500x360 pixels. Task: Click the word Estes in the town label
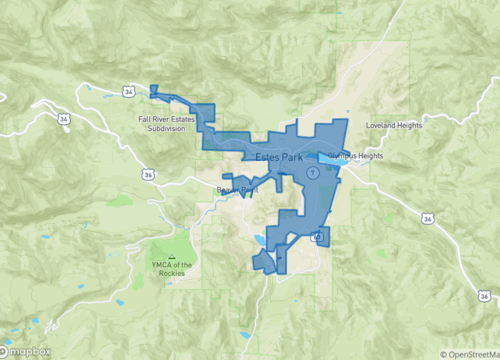click(x=268, y=158)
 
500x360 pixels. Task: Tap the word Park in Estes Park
click(x=291, y=158)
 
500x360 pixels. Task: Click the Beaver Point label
click(x=238, y=189)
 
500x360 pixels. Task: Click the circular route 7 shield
click(x=313, y=172)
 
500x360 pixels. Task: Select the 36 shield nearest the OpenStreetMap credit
click(x=428, y=217)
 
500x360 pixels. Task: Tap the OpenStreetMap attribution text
click(x=470, y=353)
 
